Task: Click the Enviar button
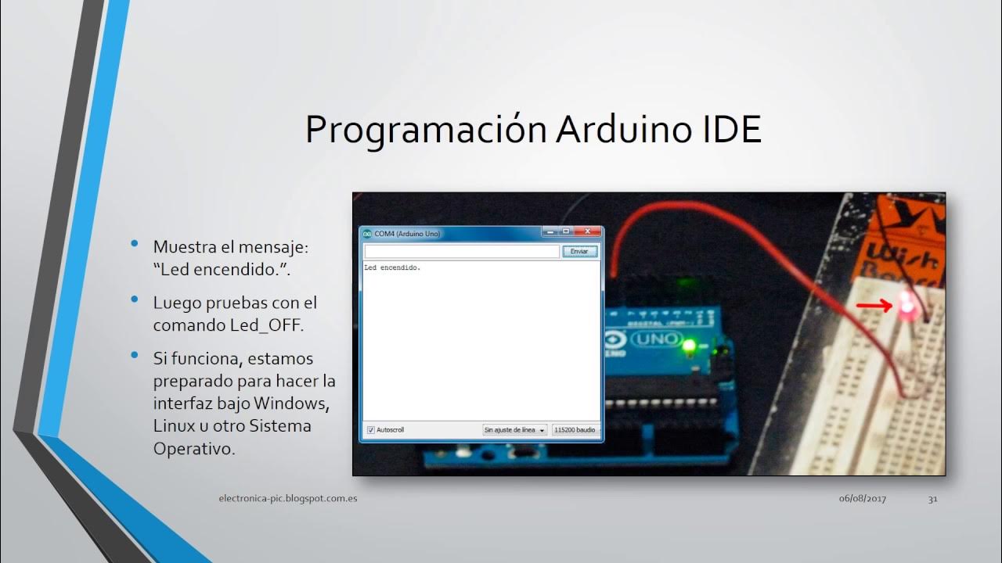click(x=579, y=251)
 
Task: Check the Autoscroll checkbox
click(x=371, y=430)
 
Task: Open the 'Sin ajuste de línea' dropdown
click(x=514, y=430)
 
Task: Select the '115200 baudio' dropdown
click(x=575, y=430)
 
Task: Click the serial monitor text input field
click(x=462, y=251)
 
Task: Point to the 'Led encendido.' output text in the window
click(x=392, y=268)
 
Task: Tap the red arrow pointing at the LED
click(x=874, y=306)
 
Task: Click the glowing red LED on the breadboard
click(x=907, y=308)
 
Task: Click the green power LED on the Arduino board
click(x=689, y=345)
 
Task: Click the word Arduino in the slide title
click(x=622, y=130)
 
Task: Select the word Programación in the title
click(x=426, y=130)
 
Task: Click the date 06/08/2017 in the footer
click(x=863, y=499)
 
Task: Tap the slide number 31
click(x=932, y=499)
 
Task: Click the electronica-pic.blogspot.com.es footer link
click(x=288, y=498)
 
